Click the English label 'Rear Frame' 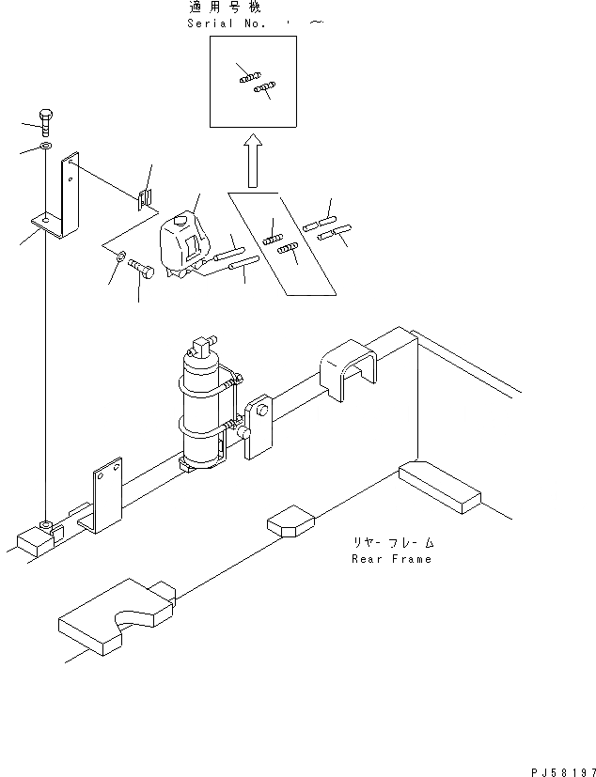point(392,559)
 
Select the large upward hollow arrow point(251,161)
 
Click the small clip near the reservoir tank point(145,197)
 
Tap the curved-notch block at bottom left point(116,620)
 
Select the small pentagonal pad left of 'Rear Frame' point(290,521)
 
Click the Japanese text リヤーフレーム point(393,543)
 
